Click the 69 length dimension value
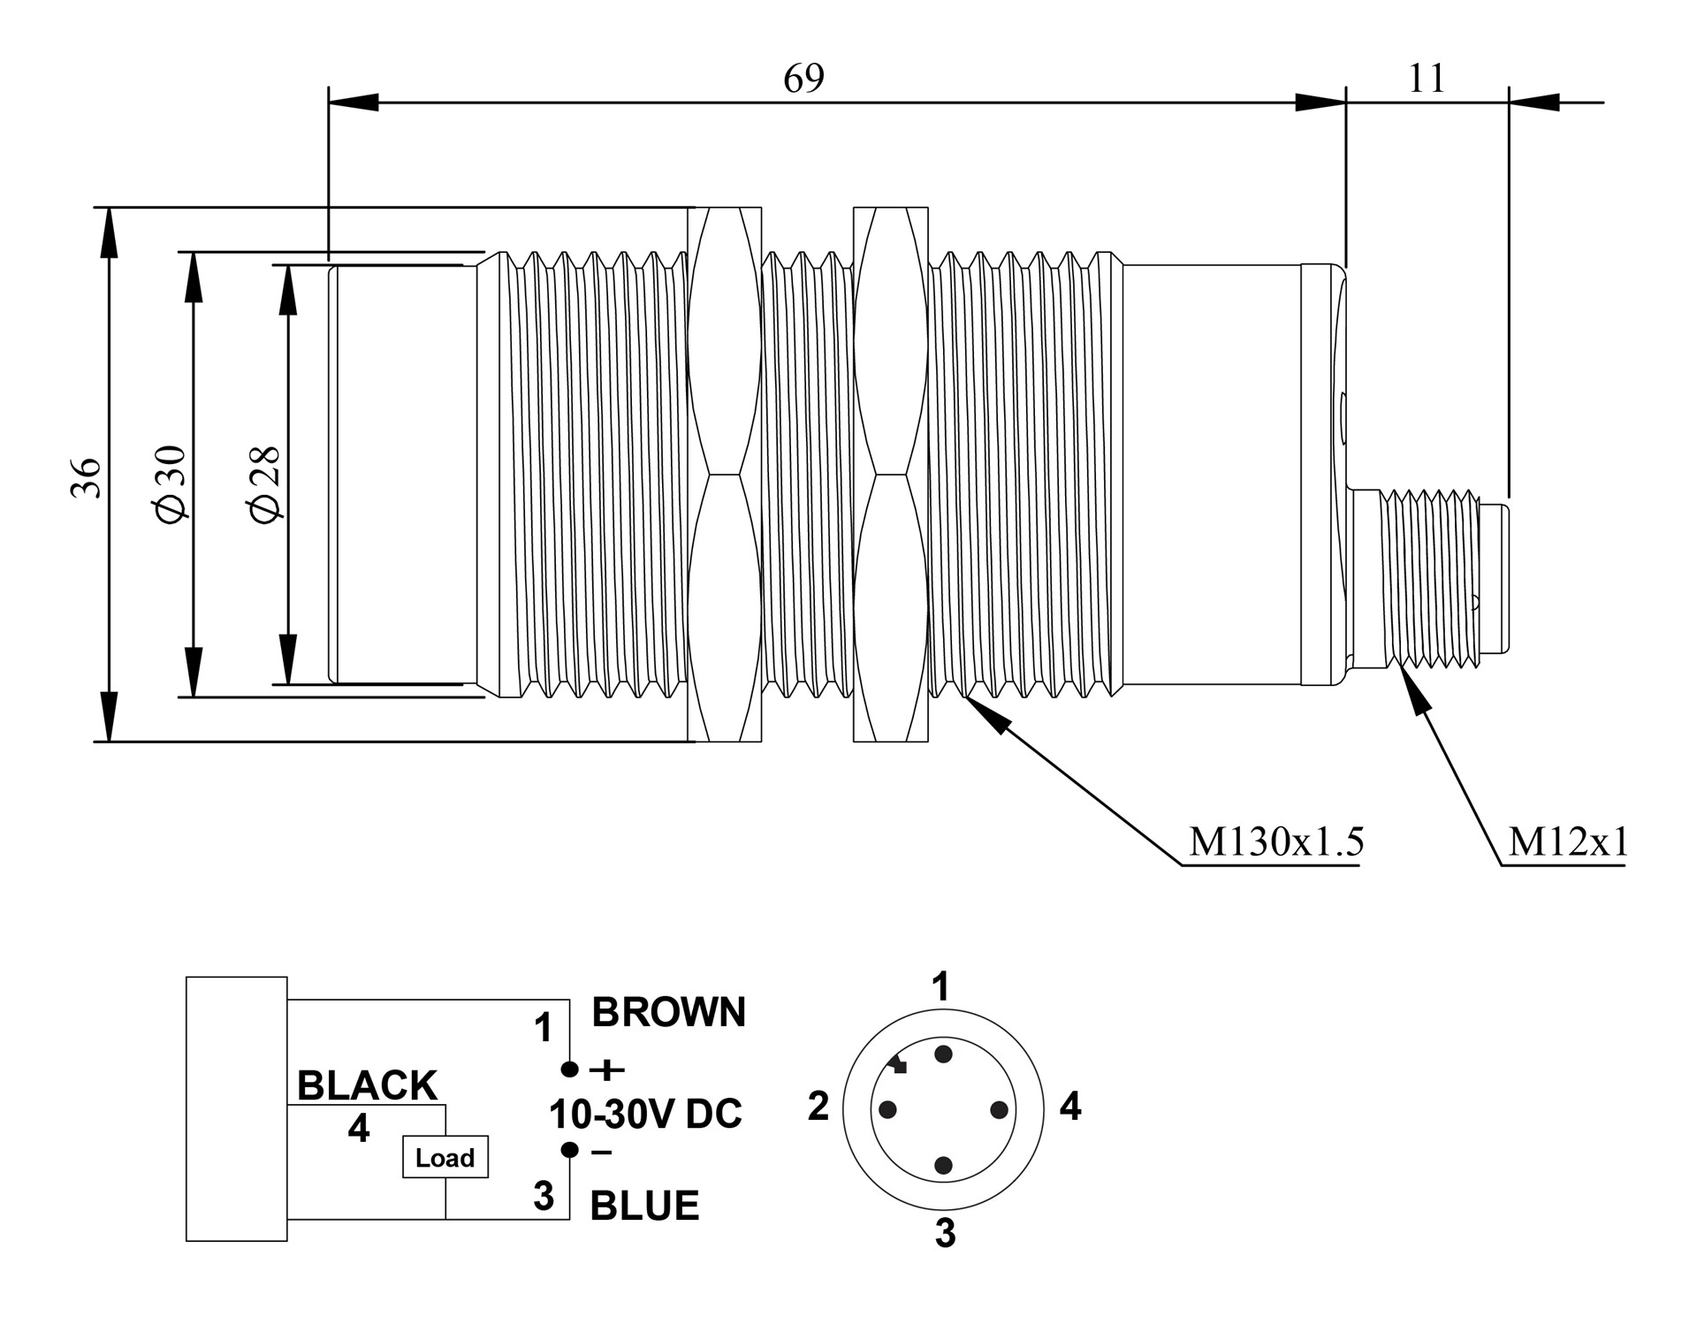(x=803, y=79)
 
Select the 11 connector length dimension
(x=1426, y=79)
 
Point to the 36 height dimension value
(x=86, y=477)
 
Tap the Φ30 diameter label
(x=171, y=483)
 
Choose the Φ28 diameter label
(x=265, y=483)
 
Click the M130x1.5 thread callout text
(x=1275, y=841)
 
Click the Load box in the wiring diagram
(x=445, y=1157)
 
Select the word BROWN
(x=668, y=1012)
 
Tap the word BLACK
(x=367, y=1085)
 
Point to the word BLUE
(x=644, y=1206)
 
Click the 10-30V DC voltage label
(x=645, y=1115)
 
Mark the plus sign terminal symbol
(x=606, y=1070)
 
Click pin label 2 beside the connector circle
(x=818, y=1106)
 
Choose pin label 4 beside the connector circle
(x=1069, y=1106)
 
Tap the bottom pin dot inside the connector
(x=943, y=1165)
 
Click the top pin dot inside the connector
(x=943, y=1054)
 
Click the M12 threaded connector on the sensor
(x=1432, y=579)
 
